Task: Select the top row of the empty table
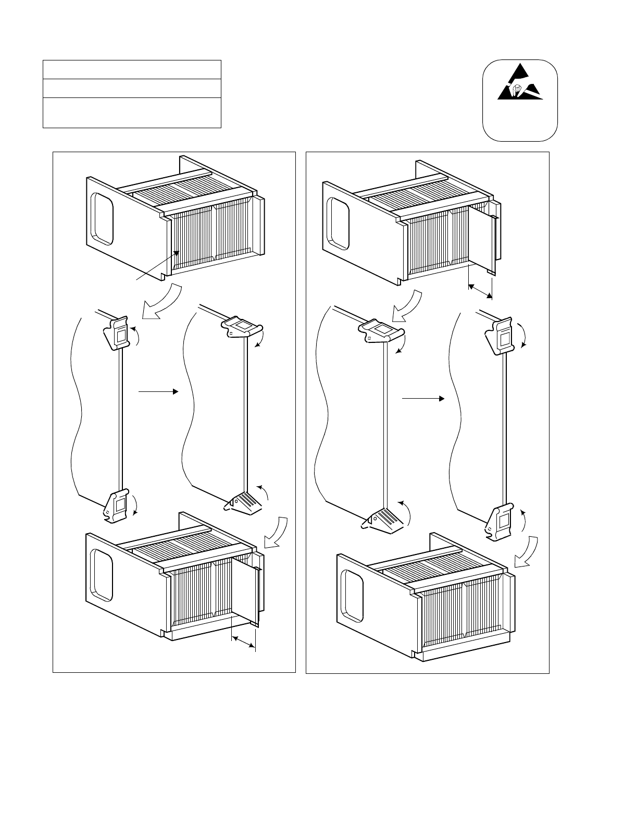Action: (x=132, y=69)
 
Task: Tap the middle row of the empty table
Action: (x=132, y=88)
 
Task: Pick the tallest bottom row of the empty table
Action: (x=132, y=112)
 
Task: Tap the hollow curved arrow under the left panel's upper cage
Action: (x=165, y=302)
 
